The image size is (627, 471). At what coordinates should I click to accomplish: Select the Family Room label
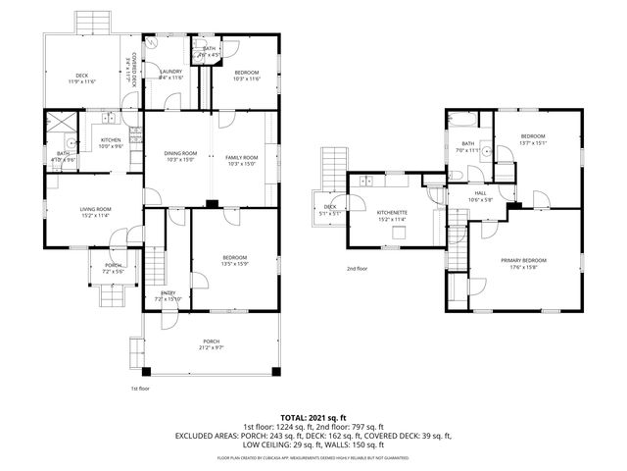pos(241,158)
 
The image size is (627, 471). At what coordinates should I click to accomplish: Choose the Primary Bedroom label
pos(523,260)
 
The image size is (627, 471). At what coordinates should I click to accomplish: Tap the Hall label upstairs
pos(480,193)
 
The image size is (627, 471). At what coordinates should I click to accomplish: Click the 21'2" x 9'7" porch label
pos(212,343)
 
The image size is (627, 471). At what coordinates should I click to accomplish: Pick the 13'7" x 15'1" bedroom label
pos(532,136)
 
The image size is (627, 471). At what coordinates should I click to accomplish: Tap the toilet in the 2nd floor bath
pos(458,169)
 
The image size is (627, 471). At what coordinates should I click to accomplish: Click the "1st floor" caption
pos(140,390)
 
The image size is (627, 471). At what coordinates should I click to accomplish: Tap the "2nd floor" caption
pos(357,268)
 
